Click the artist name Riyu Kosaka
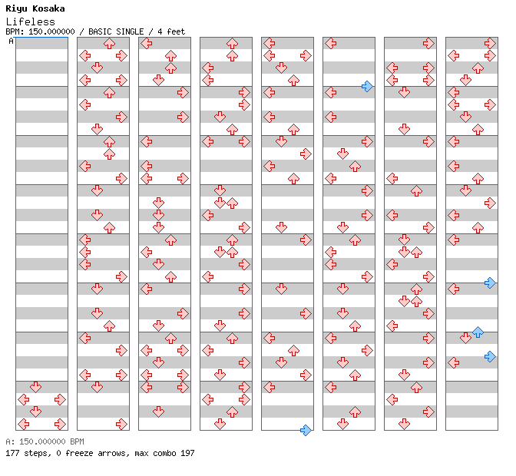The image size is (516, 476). click(x=35, y=8)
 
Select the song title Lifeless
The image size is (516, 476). click(x=30, y=21)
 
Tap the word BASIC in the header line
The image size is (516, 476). click(x=99, y=31)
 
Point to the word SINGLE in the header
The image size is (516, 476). click(x=129, y=31)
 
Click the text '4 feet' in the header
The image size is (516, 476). click(x=171, y=31)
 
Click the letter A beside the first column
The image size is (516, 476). click(x=11, y=41)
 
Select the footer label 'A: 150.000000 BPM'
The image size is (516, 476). click(x=45, y=441)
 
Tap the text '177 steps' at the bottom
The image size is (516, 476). click(x=28, y=453)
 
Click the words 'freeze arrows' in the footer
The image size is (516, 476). click(x=95, y=453)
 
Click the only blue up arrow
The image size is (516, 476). click(x=478, y=332)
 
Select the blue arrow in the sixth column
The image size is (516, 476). click(x=367, y=87)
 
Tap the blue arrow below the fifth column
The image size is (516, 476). click(x=306, y=430)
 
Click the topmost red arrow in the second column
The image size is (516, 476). click(x=109, y=44)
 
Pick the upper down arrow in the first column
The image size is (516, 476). click(x=35, y=387)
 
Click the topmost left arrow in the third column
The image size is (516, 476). click(x=146, y=44)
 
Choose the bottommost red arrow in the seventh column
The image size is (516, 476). click(x=404, y=424)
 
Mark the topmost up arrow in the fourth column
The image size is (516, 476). click(x=232, y=44)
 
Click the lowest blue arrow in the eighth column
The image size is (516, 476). click(x=490, y=356)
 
